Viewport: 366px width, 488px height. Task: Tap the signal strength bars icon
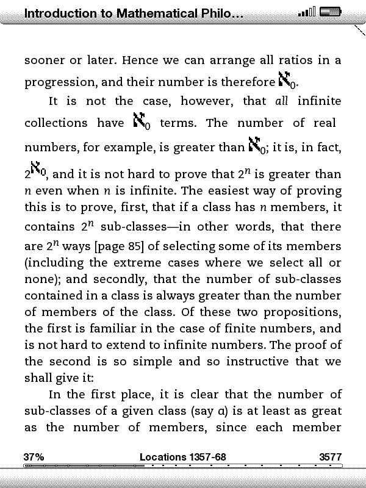coord(307,12)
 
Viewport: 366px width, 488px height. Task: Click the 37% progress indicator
coord(34,457)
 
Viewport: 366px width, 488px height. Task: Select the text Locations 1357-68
coord(183,457)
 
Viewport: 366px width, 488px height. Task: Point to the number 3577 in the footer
coord(330,457)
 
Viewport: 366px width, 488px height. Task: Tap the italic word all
coord(282,101)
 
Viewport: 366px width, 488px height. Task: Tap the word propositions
coord(303,312)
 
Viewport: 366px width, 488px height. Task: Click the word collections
coord(56,123)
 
